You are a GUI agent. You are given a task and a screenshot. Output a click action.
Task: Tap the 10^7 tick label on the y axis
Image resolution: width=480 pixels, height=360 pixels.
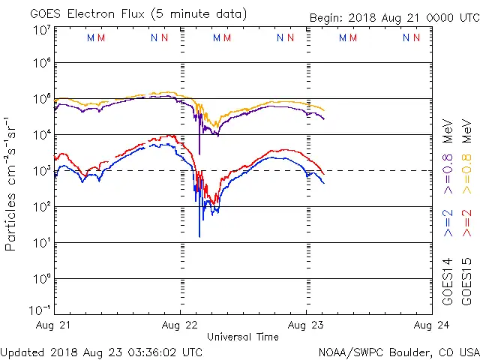click(x=41, y=29)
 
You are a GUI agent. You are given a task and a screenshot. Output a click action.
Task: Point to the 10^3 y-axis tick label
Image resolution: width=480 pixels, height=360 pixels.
click(x=41, y=170)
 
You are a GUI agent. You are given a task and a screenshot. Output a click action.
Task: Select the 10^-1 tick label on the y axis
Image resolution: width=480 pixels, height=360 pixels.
click(x=40, y=310)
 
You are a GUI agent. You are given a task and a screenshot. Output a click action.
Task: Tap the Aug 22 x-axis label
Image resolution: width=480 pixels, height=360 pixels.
click(x=180, y=325)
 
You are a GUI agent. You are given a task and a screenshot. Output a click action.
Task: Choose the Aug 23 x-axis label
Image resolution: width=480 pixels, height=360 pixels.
click(x=306, y=325)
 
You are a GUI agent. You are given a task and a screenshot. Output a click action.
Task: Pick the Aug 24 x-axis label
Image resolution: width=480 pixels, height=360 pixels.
click(x=431, y=325)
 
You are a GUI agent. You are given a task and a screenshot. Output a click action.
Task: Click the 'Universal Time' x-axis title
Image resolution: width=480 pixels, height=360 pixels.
click(x=242, y=337)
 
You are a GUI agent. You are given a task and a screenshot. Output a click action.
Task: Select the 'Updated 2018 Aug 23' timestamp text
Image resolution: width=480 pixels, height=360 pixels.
click(x=101, y=351)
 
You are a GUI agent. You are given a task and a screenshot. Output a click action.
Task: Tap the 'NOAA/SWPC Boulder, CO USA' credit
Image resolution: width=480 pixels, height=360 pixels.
click(x=398, y=351)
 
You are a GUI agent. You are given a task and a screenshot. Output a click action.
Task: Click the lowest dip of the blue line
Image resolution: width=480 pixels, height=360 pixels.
click(x=199, y=236)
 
